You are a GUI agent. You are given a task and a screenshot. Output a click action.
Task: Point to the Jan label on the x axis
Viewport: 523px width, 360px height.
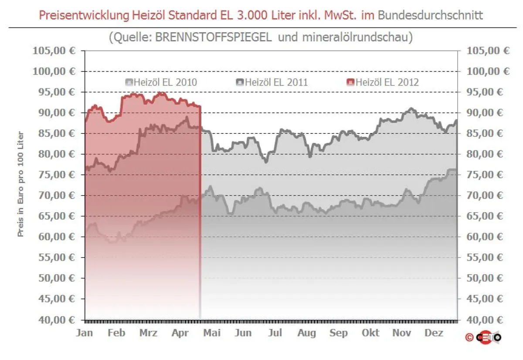[x=85, y=333]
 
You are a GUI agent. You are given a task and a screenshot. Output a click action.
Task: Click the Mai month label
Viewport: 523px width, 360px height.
[x=212, y=333]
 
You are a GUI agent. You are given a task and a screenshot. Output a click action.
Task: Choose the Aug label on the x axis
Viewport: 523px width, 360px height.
[x=307, y=333]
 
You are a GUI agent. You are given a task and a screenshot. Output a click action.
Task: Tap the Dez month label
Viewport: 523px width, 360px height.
[x=434, y=333]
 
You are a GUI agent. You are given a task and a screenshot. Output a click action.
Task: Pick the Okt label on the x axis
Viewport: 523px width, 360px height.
[x=370, y=333]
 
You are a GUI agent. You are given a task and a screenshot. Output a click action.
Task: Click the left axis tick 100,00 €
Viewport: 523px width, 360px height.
[x=54, y=71]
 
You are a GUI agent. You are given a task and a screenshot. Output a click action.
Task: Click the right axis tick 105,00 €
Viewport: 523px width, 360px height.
[x=488, y=51]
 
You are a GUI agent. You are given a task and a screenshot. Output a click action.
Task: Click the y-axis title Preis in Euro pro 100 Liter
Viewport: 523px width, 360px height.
[x=20, y=184]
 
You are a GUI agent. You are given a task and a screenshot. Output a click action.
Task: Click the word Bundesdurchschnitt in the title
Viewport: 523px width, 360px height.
[x=430, y=16]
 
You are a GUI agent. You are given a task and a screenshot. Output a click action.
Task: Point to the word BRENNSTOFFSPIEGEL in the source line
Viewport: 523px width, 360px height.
[x=214, y=37]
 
